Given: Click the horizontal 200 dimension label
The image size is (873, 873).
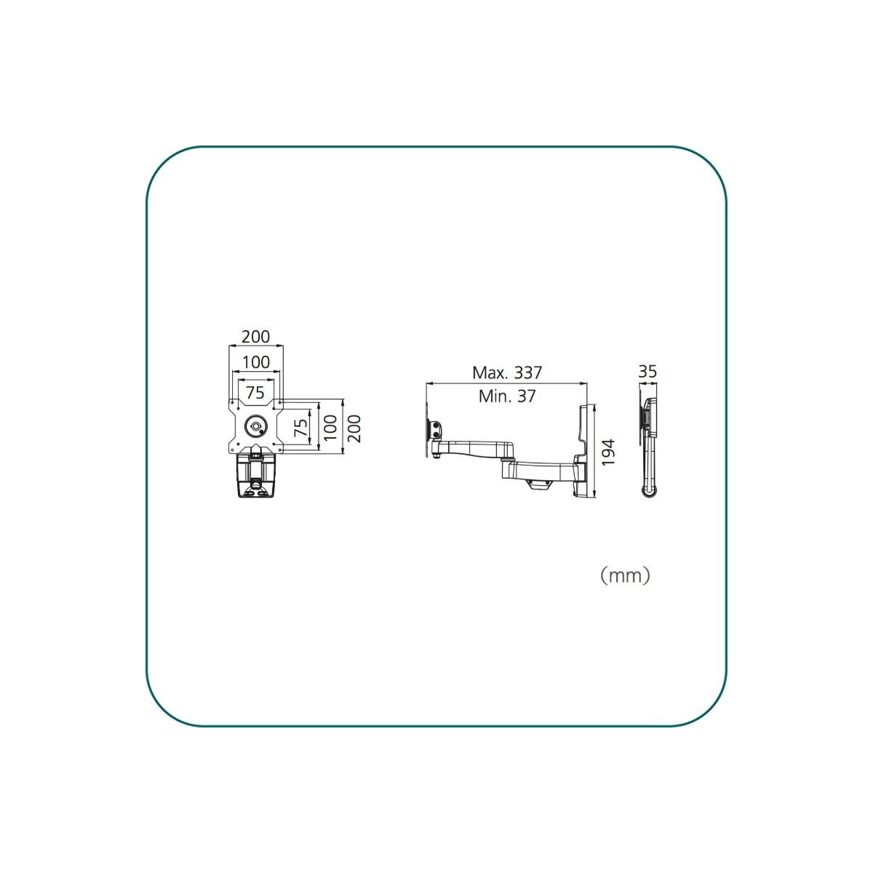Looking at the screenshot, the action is (255, 337).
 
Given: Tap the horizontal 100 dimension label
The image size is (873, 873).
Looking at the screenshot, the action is (255, 362).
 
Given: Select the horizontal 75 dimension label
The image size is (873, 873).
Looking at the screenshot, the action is (255, 392).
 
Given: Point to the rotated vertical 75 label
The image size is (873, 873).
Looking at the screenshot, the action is (300, 428).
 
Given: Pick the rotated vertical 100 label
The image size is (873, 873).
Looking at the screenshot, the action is (331, 428).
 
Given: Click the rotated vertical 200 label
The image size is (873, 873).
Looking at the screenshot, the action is (354, 428).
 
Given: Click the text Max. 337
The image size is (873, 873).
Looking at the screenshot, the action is (507, 373).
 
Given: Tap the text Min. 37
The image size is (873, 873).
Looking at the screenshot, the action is (507, 396).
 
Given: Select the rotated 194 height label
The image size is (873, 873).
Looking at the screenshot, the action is (607, 452).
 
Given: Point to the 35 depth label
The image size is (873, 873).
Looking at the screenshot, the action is (647, 372).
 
